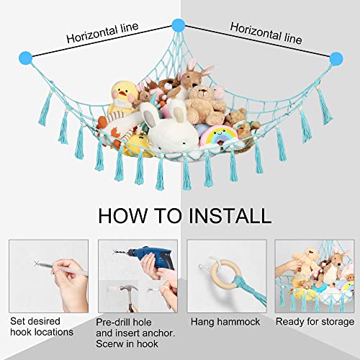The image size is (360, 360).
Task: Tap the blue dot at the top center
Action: coord(177,24)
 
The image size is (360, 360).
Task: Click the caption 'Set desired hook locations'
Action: coord(42,327)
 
